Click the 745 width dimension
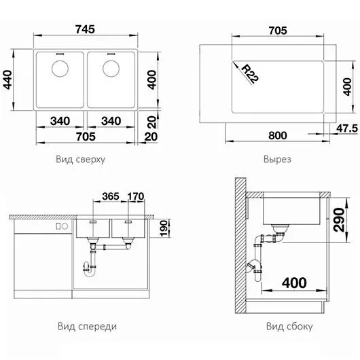pos(85,29)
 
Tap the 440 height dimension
pos(7,79)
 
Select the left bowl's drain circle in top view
pos(60,69)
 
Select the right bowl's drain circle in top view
pos(111,69)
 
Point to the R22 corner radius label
pos(250,74)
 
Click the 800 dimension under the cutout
pos(278,135)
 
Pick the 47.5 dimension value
pos(347,128)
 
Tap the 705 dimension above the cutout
pos(278,31)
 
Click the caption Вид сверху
pos(80,159)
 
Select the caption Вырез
pos(277,160)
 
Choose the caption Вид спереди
pos(87,327)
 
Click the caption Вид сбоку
pos(289,326)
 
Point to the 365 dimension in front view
pos(111,196)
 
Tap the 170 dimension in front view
pos(136,196)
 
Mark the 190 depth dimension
pos(164,228)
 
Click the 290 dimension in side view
pos(339,219)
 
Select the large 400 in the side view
pos(294,283)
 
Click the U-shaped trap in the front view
pos(89,270)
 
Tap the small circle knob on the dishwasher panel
pos(65,226)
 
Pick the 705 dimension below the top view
pos(86,137)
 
